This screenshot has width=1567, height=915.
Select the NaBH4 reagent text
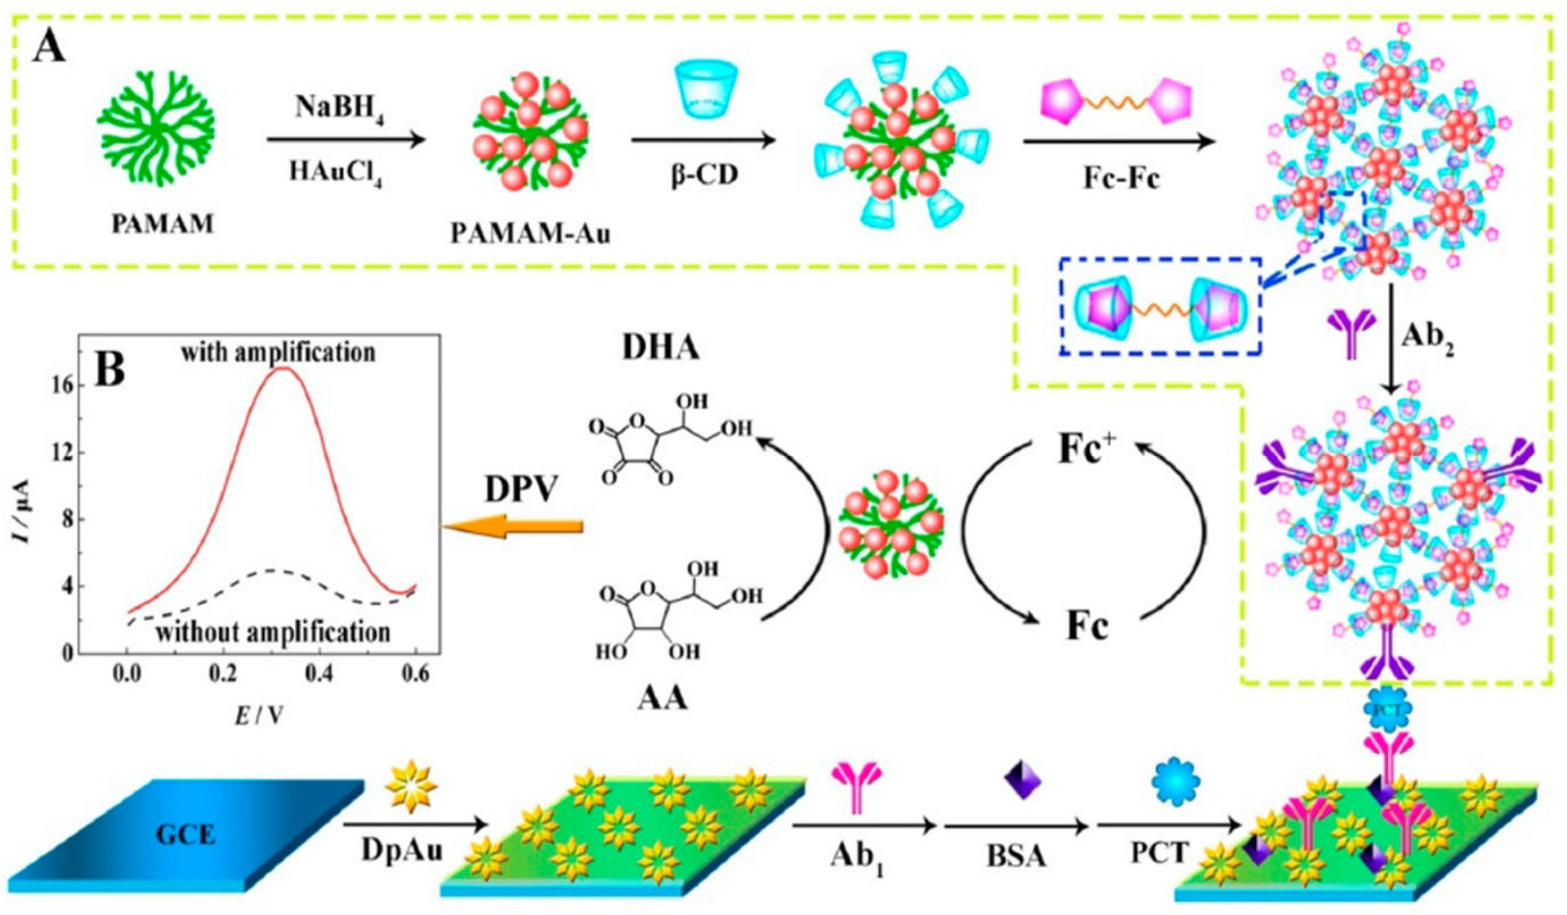[339, 112]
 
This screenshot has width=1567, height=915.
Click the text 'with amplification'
[278, 353]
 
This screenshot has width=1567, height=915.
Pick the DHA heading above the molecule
[661, 348]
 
